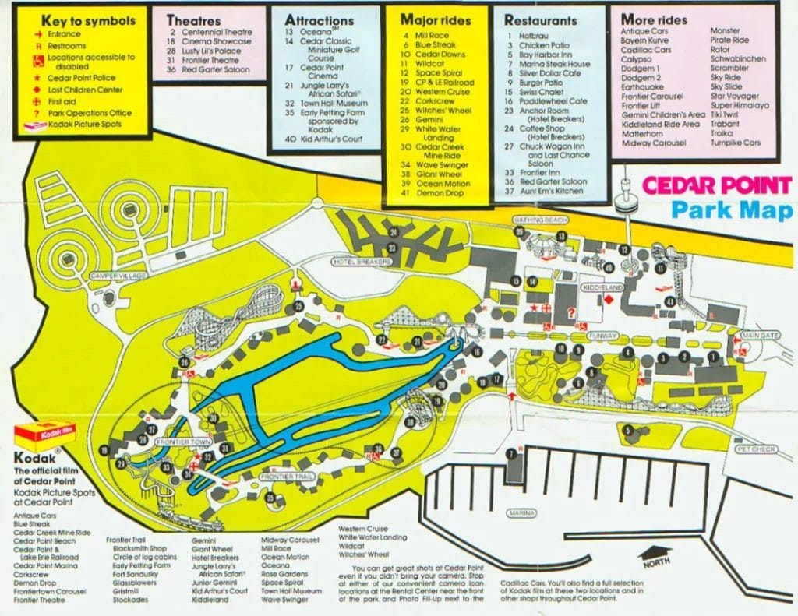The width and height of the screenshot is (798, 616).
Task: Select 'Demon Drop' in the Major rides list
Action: point(442,193)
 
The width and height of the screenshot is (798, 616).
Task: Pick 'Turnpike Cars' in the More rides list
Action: point(736,143)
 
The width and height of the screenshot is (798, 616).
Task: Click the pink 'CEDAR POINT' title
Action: point(716,187)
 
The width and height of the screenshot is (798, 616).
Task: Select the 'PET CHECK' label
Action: point(754,449)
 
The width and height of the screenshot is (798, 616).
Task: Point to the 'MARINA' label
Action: point(522,514)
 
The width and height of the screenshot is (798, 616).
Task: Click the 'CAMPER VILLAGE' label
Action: point(118,276)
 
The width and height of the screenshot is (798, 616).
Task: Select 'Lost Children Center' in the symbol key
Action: point(86,90)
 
